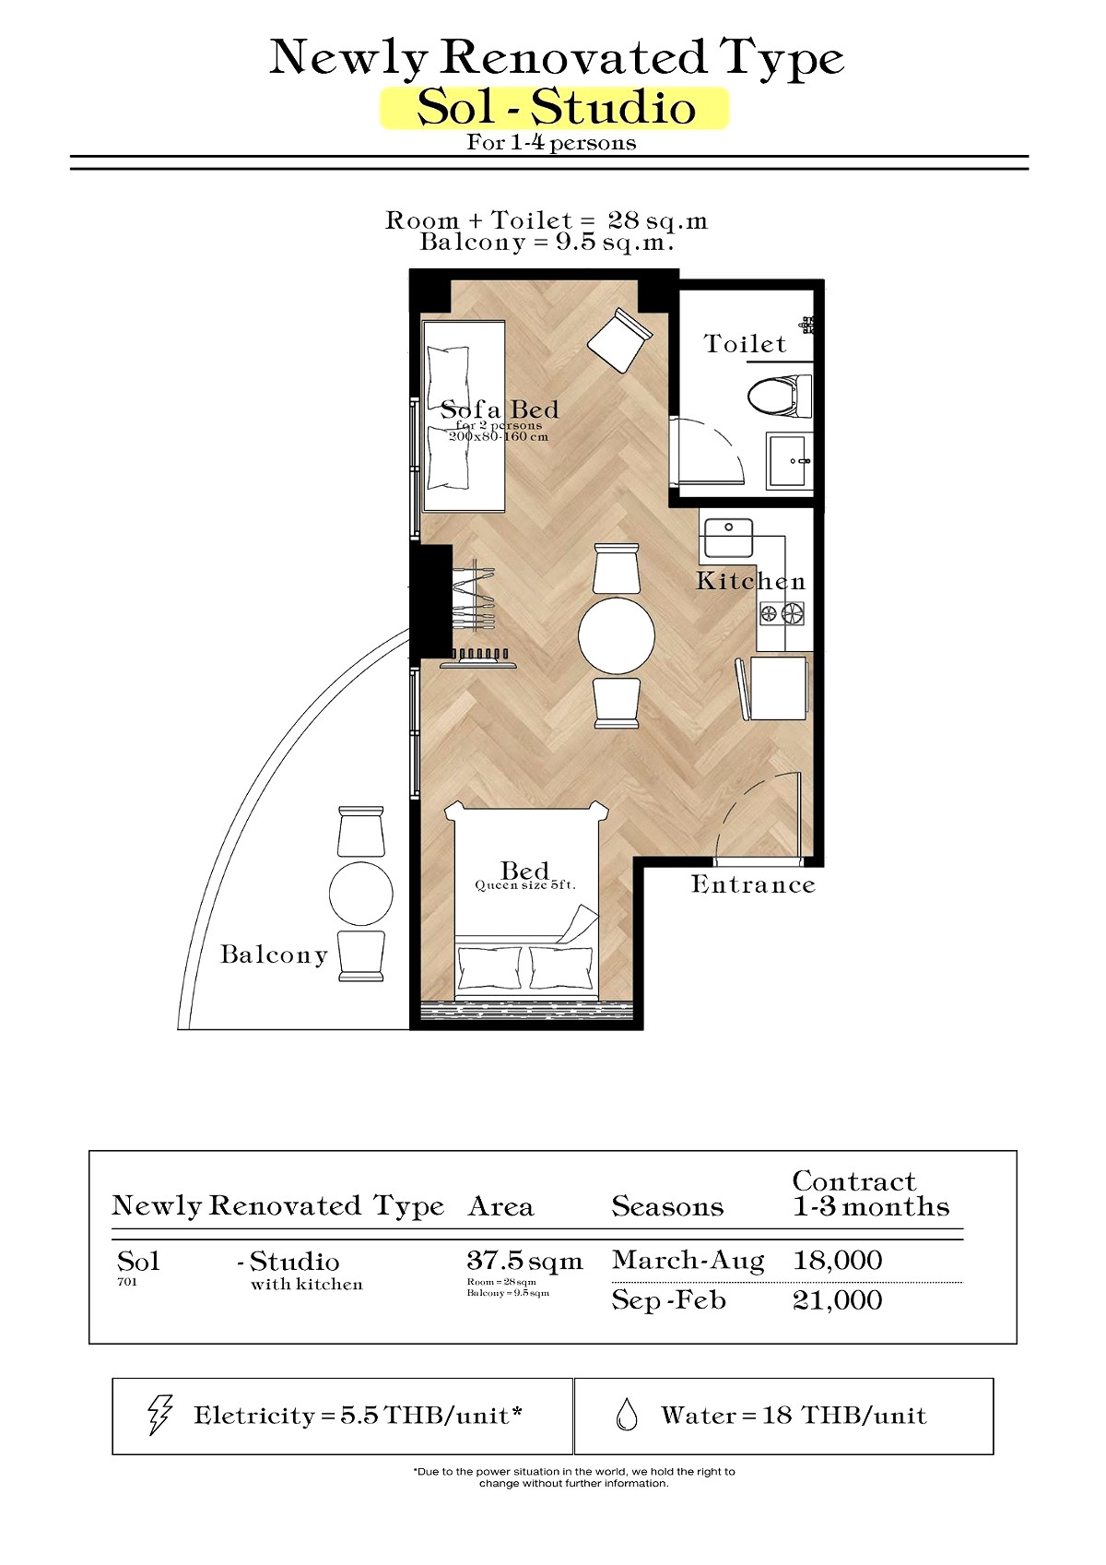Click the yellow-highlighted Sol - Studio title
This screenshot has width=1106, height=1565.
tap(556, 108)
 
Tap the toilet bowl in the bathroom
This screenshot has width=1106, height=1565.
tap(779, 397)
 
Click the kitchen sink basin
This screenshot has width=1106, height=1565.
tap(728, 538)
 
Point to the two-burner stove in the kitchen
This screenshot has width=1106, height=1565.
tap(782, 614)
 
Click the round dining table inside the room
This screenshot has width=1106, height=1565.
tap(617, 635)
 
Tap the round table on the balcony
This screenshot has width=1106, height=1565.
tap(360, 893)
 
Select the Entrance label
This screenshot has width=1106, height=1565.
tap(753, 884)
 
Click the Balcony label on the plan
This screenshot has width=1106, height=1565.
tap(274, 955)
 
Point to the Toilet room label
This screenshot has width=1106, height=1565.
tap(745, 344)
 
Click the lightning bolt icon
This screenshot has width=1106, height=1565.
tap(159, 1416)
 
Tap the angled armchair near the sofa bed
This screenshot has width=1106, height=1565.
tap(620, 340)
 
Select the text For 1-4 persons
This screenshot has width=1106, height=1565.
tap(551, 143)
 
